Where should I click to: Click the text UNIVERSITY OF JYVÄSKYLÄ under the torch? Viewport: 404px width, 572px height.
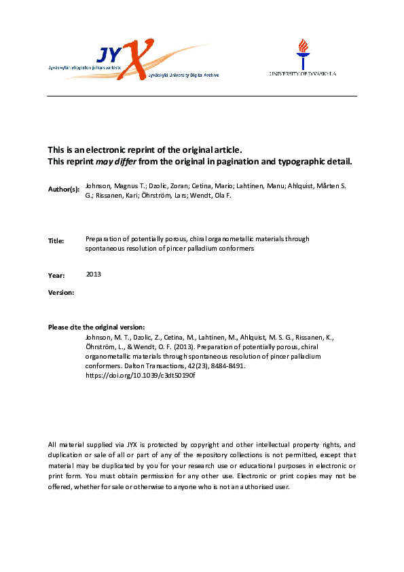302,73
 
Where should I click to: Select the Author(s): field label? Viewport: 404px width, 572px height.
64,187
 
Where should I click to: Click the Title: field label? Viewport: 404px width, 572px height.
56,240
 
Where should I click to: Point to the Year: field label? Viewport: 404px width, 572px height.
56,275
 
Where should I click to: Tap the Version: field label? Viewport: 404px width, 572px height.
61,292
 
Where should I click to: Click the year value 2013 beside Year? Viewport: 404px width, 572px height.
94,274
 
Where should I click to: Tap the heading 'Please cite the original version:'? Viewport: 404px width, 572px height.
96,327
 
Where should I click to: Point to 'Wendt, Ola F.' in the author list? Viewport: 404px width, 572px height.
220,194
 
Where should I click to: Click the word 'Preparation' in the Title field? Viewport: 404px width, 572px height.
103,239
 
